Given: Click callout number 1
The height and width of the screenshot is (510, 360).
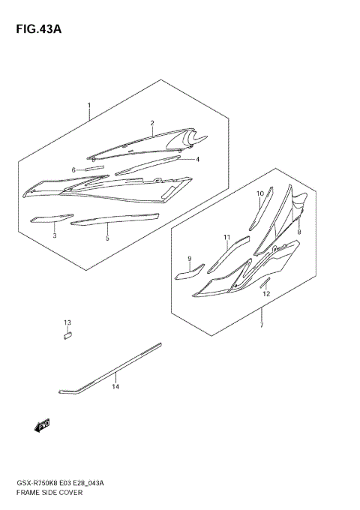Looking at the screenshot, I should pos(88,105).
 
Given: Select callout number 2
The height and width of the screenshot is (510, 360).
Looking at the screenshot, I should pos(151,123).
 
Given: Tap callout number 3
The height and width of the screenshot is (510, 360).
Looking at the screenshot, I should pos(54,235).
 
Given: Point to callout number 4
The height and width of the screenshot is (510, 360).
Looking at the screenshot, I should pos(197,159).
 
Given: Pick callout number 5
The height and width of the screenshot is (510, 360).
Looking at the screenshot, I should pos(107,238).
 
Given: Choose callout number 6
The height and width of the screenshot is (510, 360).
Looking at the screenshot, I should pos(73,170).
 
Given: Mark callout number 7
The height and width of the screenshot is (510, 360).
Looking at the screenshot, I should pos(261,325).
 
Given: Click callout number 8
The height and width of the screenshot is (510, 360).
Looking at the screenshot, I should pos(298,232).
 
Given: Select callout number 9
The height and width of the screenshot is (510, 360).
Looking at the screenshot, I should pos(190,259).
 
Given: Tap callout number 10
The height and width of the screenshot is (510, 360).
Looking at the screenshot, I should pos(261,193).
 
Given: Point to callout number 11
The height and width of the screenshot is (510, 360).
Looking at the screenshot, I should pos(226,238).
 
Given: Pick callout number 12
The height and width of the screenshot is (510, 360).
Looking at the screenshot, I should pos(266,294).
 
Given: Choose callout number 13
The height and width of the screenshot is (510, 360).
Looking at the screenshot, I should pos(67,322).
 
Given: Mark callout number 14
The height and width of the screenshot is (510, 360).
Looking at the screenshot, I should pos(115,387).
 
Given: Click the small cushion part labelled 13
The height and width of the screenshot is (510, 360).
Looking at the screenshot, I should pos(67,336).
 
